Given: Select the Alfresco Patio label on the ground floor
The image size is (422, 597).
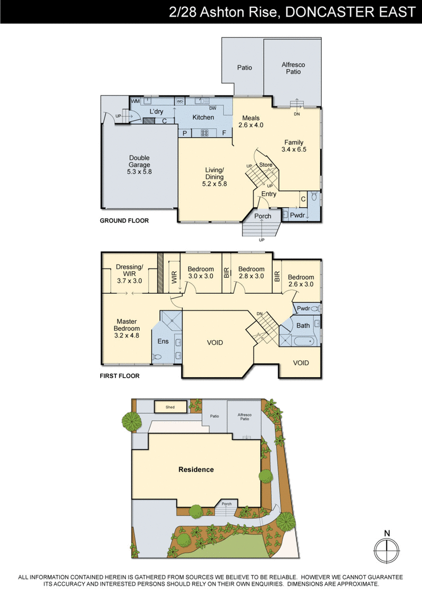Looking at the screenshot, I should click(x=293, y=68).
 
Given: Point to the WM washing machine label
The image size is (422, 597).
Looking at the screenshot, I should click(x=135, y=101).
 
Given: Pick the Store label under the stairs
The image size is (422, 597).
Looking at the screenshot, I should click(x=266, y=165).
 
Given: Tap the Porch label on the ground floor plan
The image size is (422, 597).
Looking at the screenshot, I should click(x=263, y=216).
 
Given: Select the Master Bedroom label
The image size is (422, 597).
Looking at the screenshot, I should click(x=127, y=325).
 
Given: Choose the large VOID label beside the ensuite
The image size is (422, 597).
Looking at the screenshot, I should click(x=215, y=343).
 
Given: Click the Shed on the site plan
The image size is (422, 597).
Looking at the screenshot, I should click(x=170, y=407).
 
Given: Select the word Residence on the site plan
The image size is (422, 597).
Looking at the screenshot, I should click(x=196, y=469).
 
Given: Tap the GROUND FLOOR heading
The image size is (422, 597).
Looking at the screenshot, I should click(x=124, y=220).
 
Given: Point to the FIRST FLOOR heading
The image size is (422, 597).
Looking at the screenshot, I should click(x=120, y=376).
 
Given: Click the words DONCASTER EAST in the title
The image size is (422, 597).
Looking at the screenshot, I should click(x=350, y=12).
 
